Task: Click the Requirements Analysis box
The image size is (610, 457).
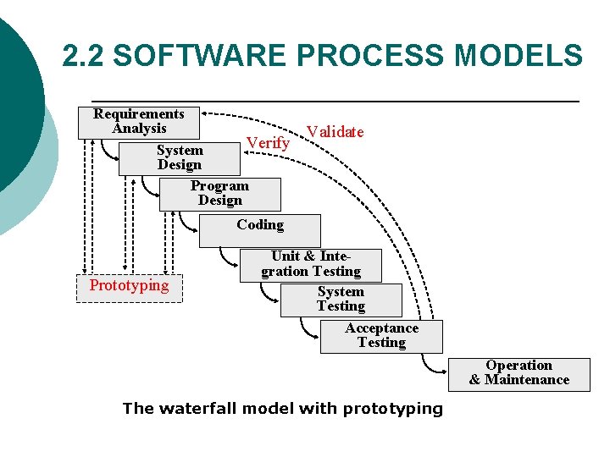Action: [139, 122]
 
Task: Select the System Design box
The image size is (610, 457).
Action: [179, 158]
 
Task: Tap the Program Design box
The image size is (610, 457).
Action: [219, 194]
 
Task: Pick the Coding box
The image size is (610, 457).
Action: [260, 228]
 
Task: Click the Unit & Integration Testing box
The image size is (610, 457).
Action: [310, 265]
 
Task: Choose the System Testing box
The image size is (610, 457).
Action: [341, 300]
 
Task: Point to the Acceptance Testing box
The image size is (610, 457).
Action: [381, 336]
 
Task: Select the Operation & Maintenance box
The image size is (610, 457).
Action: [518, 373]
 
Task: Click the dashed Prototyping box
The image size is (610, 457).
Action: [129, 286]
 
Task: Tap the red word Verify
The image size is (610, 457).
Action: [268, 143]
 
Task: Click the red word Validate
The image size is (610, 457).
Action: [335, 132]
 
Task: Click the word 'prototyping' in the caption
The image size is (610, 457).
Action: [393, 409]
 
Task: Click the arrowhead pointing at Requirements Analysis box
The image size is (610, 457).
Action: [207, 113]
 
